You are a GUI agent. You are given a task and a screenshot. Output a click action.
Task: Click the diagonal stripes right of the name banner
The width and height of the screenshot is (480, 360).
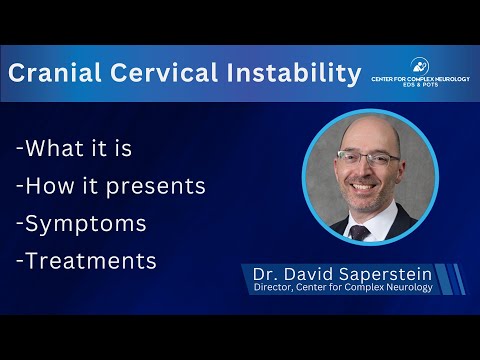point(455,280)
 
